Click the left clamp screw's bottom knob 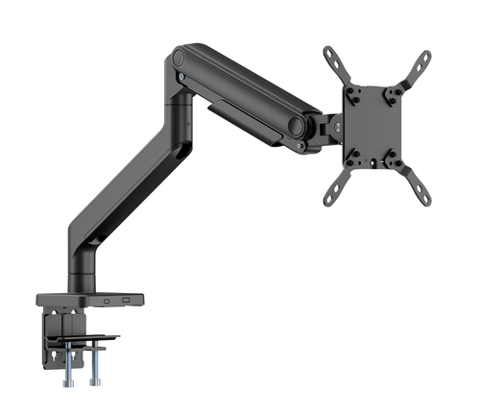tap(71, 380)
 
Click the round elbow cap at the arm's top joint tap(180, 58)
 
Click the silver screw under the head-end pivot tap(300, 145)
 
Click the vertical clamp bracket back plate tap(49, 331)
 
